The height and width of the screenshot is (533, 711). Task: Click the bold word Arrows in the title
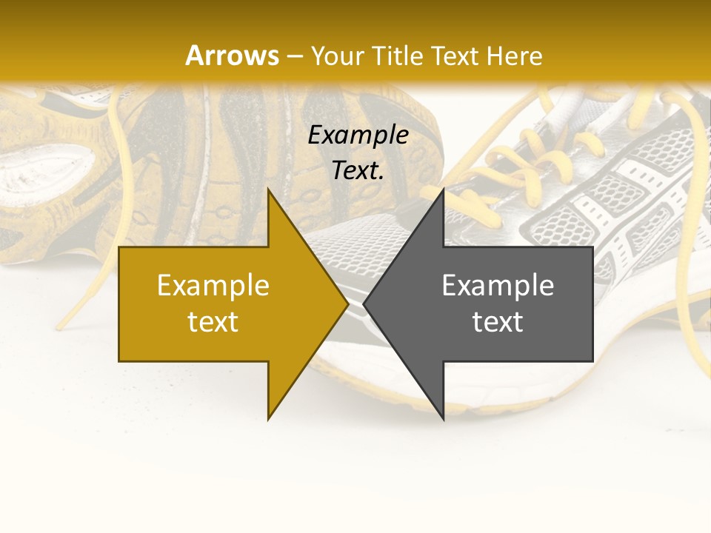[232, 56]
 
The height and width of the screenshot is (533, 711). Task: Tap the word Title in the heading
[397, 56]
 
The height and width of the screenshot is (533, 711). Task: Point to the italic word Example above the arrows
[358, 135]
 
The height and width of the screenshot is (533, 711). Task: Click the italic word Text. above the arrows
[358, 171]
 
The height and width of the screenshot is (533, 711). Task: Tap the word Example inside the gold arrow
[213, 286]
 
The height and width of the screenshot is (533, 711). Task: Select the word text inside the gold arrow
[213, 322]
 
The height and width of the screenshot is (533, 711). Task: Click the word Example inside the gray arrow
[498, 286]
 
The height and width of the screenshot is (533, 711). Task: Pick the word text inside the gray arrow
[498, 322]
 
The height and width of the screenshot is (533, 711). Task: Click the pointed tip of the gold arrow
[348, 304]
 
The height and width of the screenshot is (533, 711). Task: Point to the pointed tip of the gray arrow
[364, 304]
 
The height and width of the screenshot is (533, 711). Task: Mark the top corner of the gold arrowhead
[269, 190]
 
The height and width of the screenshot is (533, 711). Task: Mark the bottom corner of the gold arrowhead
[269, 419]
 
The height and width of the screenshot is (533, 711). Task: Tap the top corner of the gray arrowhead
[443, 190]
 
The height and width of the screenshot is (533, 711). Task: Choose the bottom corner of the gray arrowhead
[443, 419]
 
